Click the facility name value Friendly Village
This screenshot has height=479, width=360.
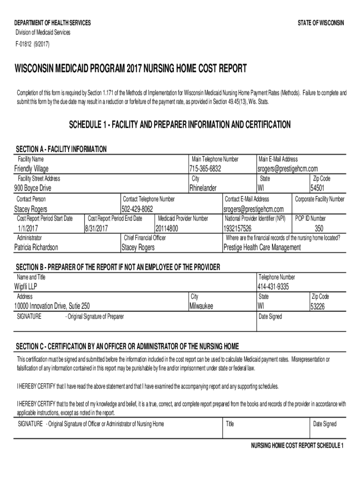pyautogui.click(x=31, y=168)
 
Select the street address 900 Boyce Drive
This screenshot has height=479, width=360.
pyautogui.click(x=33, y=188)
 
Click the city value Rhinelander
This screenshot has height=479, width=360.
pyautogui.click(x=203, y=188)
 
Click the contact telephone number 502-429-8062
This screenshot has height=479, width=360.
pyautogui.click(x=137, y=209)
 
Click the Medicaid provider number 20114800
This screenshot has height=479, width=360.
pyautogui.click(x=167, y=228)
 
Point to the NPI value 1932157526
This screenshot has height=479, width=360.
pyautogui.click(x=238, y=228)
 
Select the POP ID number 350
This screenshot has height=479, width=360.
pyautogui.click(x=319, y=228)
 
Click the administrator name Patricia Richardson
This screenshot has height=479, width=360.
pyautogui.click(x=36, y=247)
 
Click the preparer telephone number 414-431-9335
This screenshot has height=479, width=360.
pyautogui.click(x=273, y=287)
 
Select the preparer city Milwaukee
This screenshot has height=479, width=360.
pyautogui.click(x=201, y=306)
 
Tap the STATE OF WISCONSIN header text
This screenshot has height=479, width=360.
pyautogui.click(x=321, y=23)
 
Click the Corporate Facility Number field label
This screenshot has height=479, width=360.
pyautogui.click(x=319, y=199)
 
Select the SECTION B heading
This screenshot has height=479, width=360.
pyautogui.click(x=118, y=267)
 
